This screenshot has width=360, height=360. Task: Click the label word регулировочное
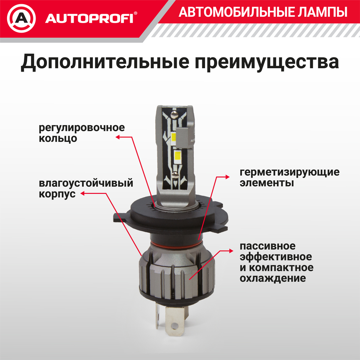[x=82, y=127]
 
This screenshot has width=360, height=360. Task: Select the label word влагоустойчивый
[x=86, y=183]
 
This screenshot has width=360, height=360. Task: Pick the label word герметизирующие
[x=289, y=172]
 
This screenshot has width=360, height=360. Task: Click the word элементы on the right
[x=266, y=183]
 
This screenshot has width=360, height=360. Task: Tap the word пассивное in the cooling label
[x=267, y=246]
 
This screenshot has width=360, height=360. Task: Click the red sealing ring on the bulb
[x=176, y=244]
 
